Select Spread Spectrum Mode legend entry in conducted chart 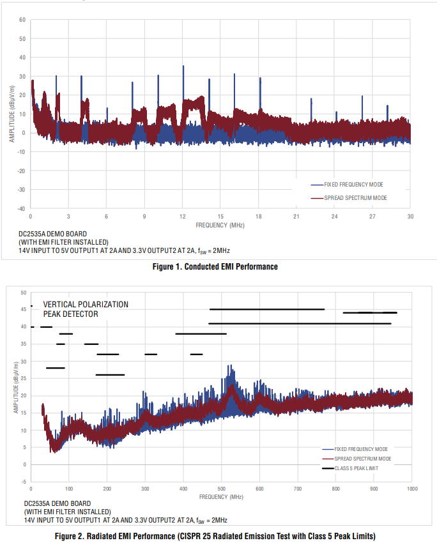point(355,198)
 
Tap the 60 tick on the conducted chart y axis point(22,20)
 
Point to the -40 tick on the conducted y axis point(21,208)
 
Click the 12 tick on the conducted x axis point(183,217)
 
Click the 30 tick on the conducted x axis point(410,217)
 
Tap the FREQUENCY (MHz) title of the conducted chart point(220,225)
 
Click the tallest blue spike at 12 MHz point(183,66)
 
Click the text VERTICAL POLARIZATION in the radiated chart point(86,305)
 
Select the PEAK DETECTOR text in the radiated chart point(70,314)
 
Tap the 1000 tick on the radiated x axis point(411,489)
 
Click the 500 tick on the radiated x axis point(221,489)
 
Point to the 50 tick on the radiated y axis point(24,293)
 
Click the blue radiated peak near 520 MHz point(229,367)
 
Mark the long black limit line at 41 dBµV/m point(300,324)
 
